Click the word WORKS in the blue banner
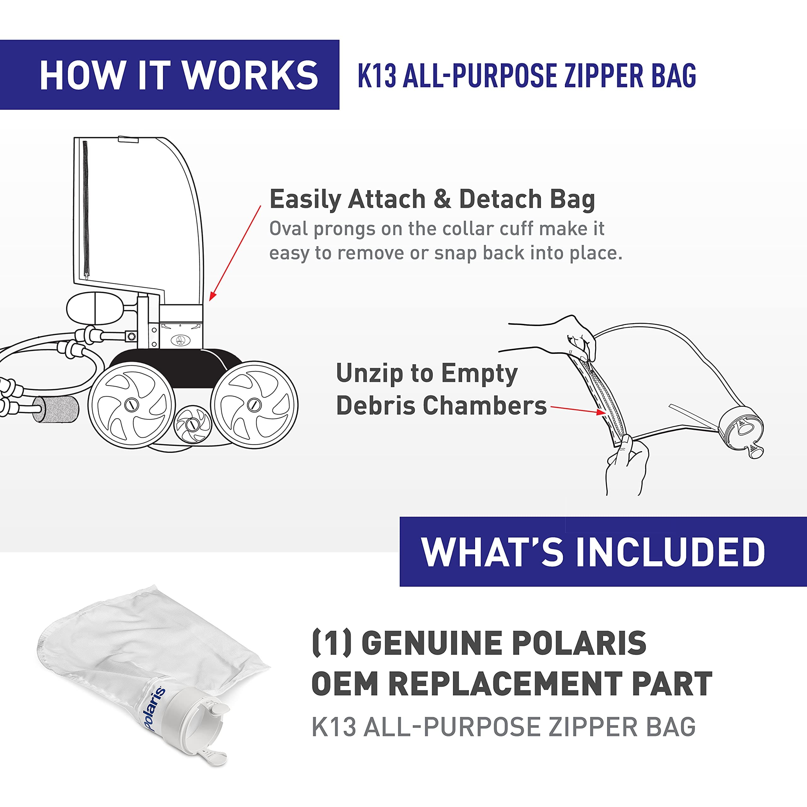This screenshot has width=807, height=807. point(250,75)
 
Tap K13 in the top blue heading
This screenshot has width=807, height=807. point(376,76)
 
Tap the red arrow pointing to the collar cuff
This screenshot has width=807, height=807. point(235,253)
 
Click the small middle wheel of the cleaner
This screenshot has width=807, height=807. point(193,425)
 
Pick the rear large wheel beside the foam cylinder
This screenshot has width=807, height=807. point(131,405)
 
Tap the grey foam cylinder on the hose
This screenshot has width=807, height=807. point(55,410)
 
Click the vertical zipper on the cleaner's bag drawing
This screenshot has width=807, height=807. point(86,209)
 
